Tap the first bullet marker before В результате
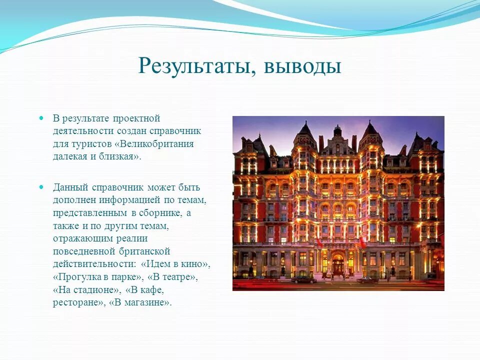42,118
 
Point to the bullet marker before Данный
42,187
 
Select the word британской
148,251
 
